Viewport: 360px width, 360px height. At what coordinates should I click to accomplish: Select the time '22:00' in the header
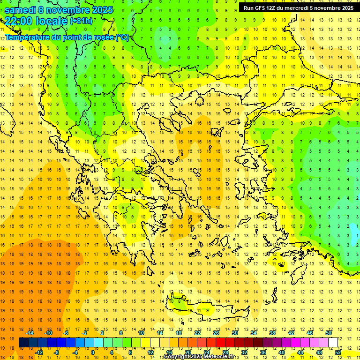coord(19,21)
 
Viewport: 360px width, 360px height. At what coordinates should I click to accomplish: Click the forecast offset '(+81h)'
coord(81,21)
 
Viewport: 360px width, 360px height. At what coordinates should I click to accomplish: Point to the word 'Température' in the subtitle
coord(29,37)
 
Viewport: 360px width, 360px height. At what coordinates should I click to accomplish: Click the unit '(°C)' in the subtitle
coord(122,37)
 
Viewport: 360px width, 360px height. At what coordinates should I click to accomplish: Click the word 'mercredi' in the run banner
coord(301,8)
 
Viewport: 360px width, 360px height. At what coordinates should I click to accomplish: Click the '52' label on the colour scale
coord(338,352)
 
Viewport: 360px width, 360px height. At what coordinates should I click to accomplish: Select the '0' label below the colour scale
coord(92,352)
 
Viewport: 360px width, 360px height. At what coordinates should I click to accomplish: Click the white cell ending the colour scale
coord(333,343)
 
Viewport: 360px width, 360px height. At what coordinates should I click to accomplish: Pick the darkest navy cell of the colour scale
coord(23,343)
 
